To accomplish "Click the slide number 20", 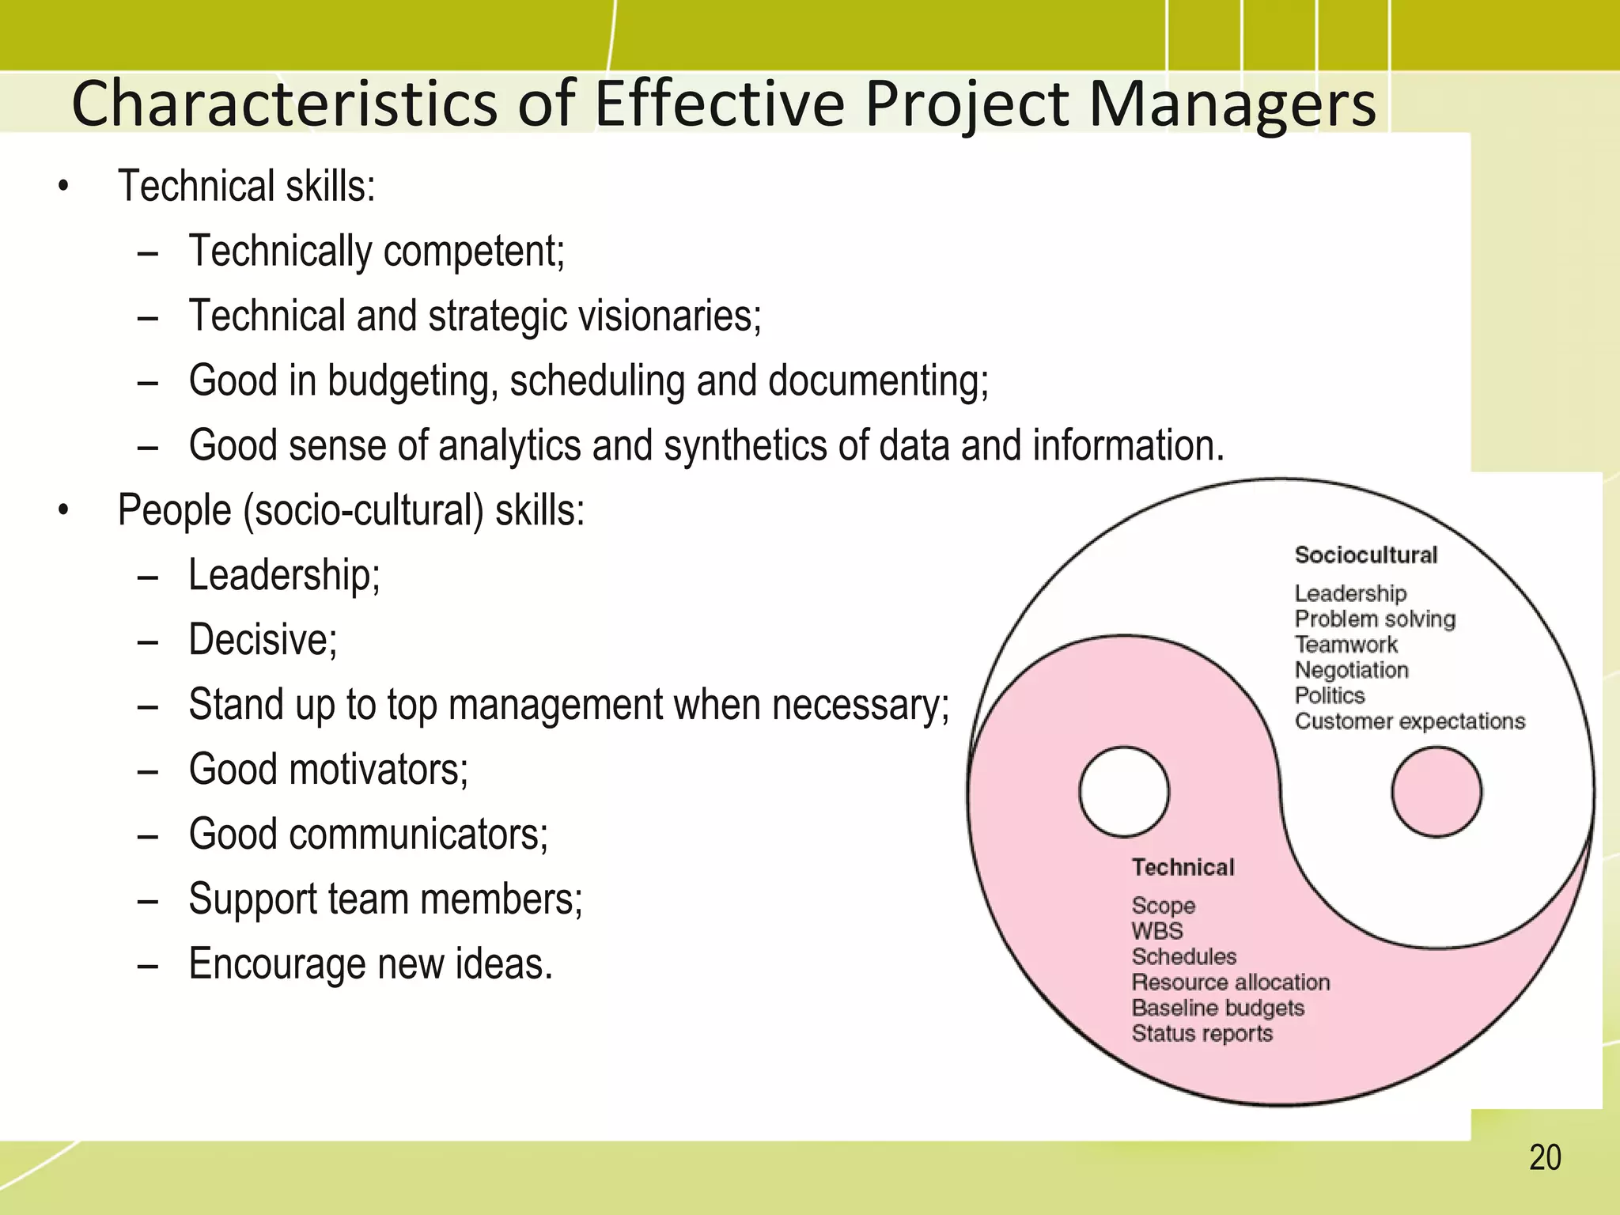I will (x=1545, y=1157).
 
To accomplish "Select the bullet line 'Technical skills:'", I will (x=246, y=187).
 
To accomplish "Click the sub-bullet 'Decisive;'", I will (x=263, y=639).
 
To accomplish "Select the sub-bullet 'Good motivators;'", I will (x=328, y=769).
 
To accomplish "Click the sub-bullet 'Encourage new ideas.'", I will (x=370, y=963).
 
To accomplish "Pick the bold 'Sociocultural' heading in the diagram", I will (x=1365, y=555).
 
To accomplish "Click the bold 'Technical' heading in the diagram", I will (x=1183, y=867).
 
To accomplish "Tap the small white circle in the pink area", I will (x=1124, y=792).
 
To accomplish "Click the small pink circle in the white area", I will (x=1436, y=792).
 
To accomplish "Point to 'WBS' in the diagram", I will (x=1157, y=931).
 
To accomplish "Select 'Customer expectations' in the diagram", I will (x=1410, y=721).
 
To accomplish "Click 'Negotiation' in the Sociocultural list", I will (x=1351, y=670).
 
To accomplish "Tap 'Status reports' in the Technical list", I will (x=1202, y=1034).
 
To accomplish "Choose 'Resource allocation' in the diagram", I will (x=1231, y=982).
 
